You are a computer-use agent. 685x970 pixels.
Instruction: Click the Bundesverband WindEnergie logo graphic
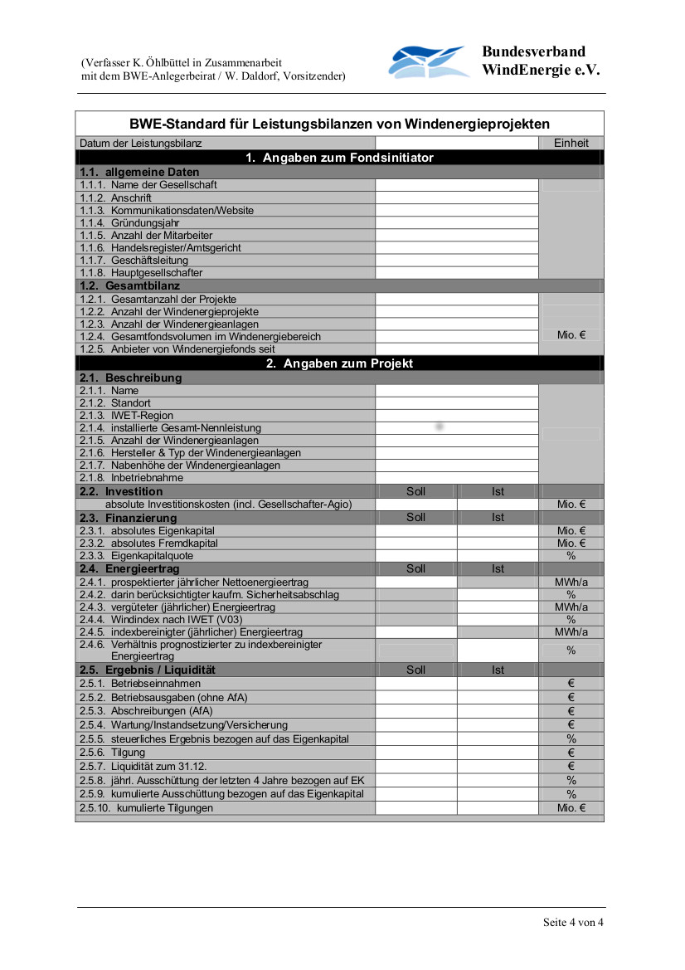tap(430, 62)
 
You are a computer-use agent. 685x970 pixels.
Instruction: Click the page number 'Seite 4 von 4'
tap(573, 922)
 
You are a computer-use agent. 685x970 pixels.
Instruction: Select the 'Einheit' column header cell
tap(571, 143)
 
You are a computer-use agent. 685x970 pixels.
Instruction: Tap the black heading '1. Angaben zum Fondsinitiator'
tap(339, 158)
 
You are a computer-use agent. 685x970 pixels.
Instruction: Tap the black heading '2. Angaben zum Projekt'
tap(339, 363)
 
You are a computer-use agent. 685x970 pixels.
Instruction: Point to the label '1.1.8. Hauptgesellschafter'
tap(141, 272)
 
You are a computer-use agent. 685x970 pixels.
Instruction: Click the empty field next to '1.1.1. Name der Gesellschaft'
tap(457, 185)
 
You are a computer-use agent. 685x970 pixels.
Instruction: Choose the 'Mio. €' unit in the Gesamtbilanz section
tap(571, 335)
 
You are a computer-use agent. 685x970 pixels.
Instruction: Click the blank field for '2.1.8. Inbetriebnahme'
tap(457, 478)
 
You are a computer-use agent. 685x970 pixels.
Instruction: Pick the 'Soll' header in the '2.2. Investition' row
tap(416, 491)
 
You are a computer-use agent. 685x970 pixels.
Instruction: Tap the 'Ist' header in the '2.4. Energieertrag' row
tap(498, 568)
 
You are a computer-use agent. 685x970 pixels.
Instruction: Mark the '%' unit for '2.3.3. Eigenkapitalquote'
tap(571, 556)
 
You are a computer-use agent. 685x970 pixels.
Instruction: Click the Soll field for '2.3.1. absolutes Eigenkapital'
tap(416, 530)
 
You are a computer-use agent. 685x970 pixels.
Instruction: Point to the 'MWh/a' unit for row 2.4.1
tap(571, 582)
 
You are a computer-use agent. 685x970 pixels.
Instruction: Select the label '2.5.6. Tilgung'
tap(112, 753)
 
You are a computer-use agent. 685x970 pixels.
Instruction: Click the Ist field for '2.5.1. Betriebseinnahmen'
tap(498, 684)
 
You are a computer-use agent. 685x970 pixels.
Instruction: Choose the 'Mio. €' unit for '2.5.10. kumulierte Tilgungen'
tap(571, 807)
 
